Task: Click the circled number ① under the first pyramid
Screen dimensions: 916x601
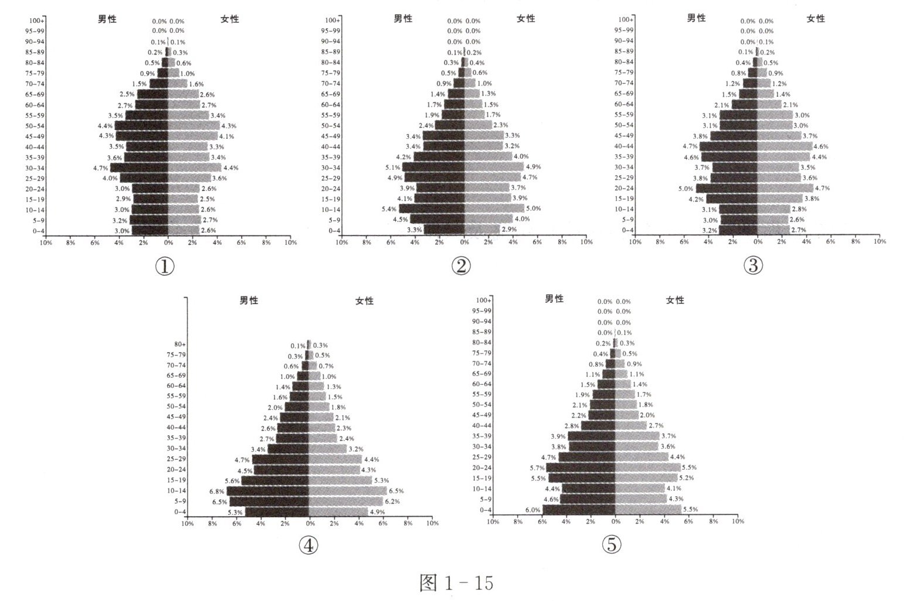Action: (164, 266)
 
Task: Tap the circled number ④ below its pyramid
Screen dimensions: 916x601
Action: (308, 545)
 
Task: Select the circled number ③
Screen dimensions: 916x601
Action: (753, 265)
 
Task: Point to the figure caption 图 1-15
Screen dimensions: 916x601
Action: (457, 582)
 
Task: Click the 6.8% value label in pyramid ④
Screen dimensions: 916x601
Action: (217, 491)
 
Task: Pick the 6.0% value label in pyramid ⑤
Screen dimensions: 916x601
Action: (533, 510)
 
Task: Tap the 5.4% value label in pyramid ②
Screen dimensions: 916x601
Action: (389, 209)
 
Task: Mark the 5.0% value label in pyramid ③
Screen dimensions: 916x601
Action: (686, 189)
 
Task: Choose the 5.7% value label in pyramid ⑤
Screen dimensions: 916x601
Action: (537, 468)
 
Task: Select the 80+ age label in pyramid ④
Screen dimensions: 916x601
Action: (180, 344)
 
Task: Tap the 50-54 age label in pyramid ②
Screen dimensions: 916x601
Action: (330, 125)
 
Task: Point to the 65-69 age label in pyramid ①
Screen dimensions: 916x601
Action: (35, 94)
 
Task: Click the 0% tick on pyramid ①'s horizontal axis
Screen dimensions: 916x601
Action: (168, 243)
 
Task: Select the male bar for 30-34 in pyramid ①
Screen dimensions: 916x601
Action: (139, 168)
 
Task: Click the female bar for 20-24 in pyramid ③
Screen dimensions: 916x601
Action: (786, 188)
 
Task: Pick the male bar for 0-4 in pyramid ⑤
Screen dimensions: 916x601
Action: (579, 510)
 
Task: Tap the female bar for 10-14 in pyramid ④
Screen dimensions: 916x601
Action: (348, 491)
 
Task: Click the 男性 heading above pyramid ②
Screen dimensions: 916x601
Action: (403, 18)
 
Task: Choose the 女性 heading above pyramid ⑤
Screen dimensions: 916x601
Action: (675, 300)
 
